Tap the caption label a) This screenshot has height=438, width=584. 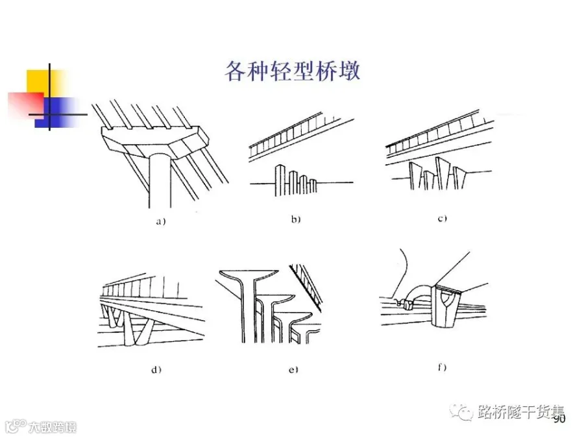click(160, 221)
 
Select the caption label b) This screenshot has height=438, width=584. click(295, 219)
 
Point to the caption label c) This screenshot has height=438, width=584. click(442, 219)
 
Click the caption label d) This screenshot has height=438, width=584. click(156, 370)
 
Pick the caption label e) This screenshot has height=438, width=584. click(293, 370)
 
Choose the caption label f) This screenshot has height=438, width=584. click(442, 368)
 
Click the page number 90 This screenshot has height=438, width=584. click(559, 420)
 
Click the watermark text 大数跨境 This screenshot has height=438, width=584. click(51, 426)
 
